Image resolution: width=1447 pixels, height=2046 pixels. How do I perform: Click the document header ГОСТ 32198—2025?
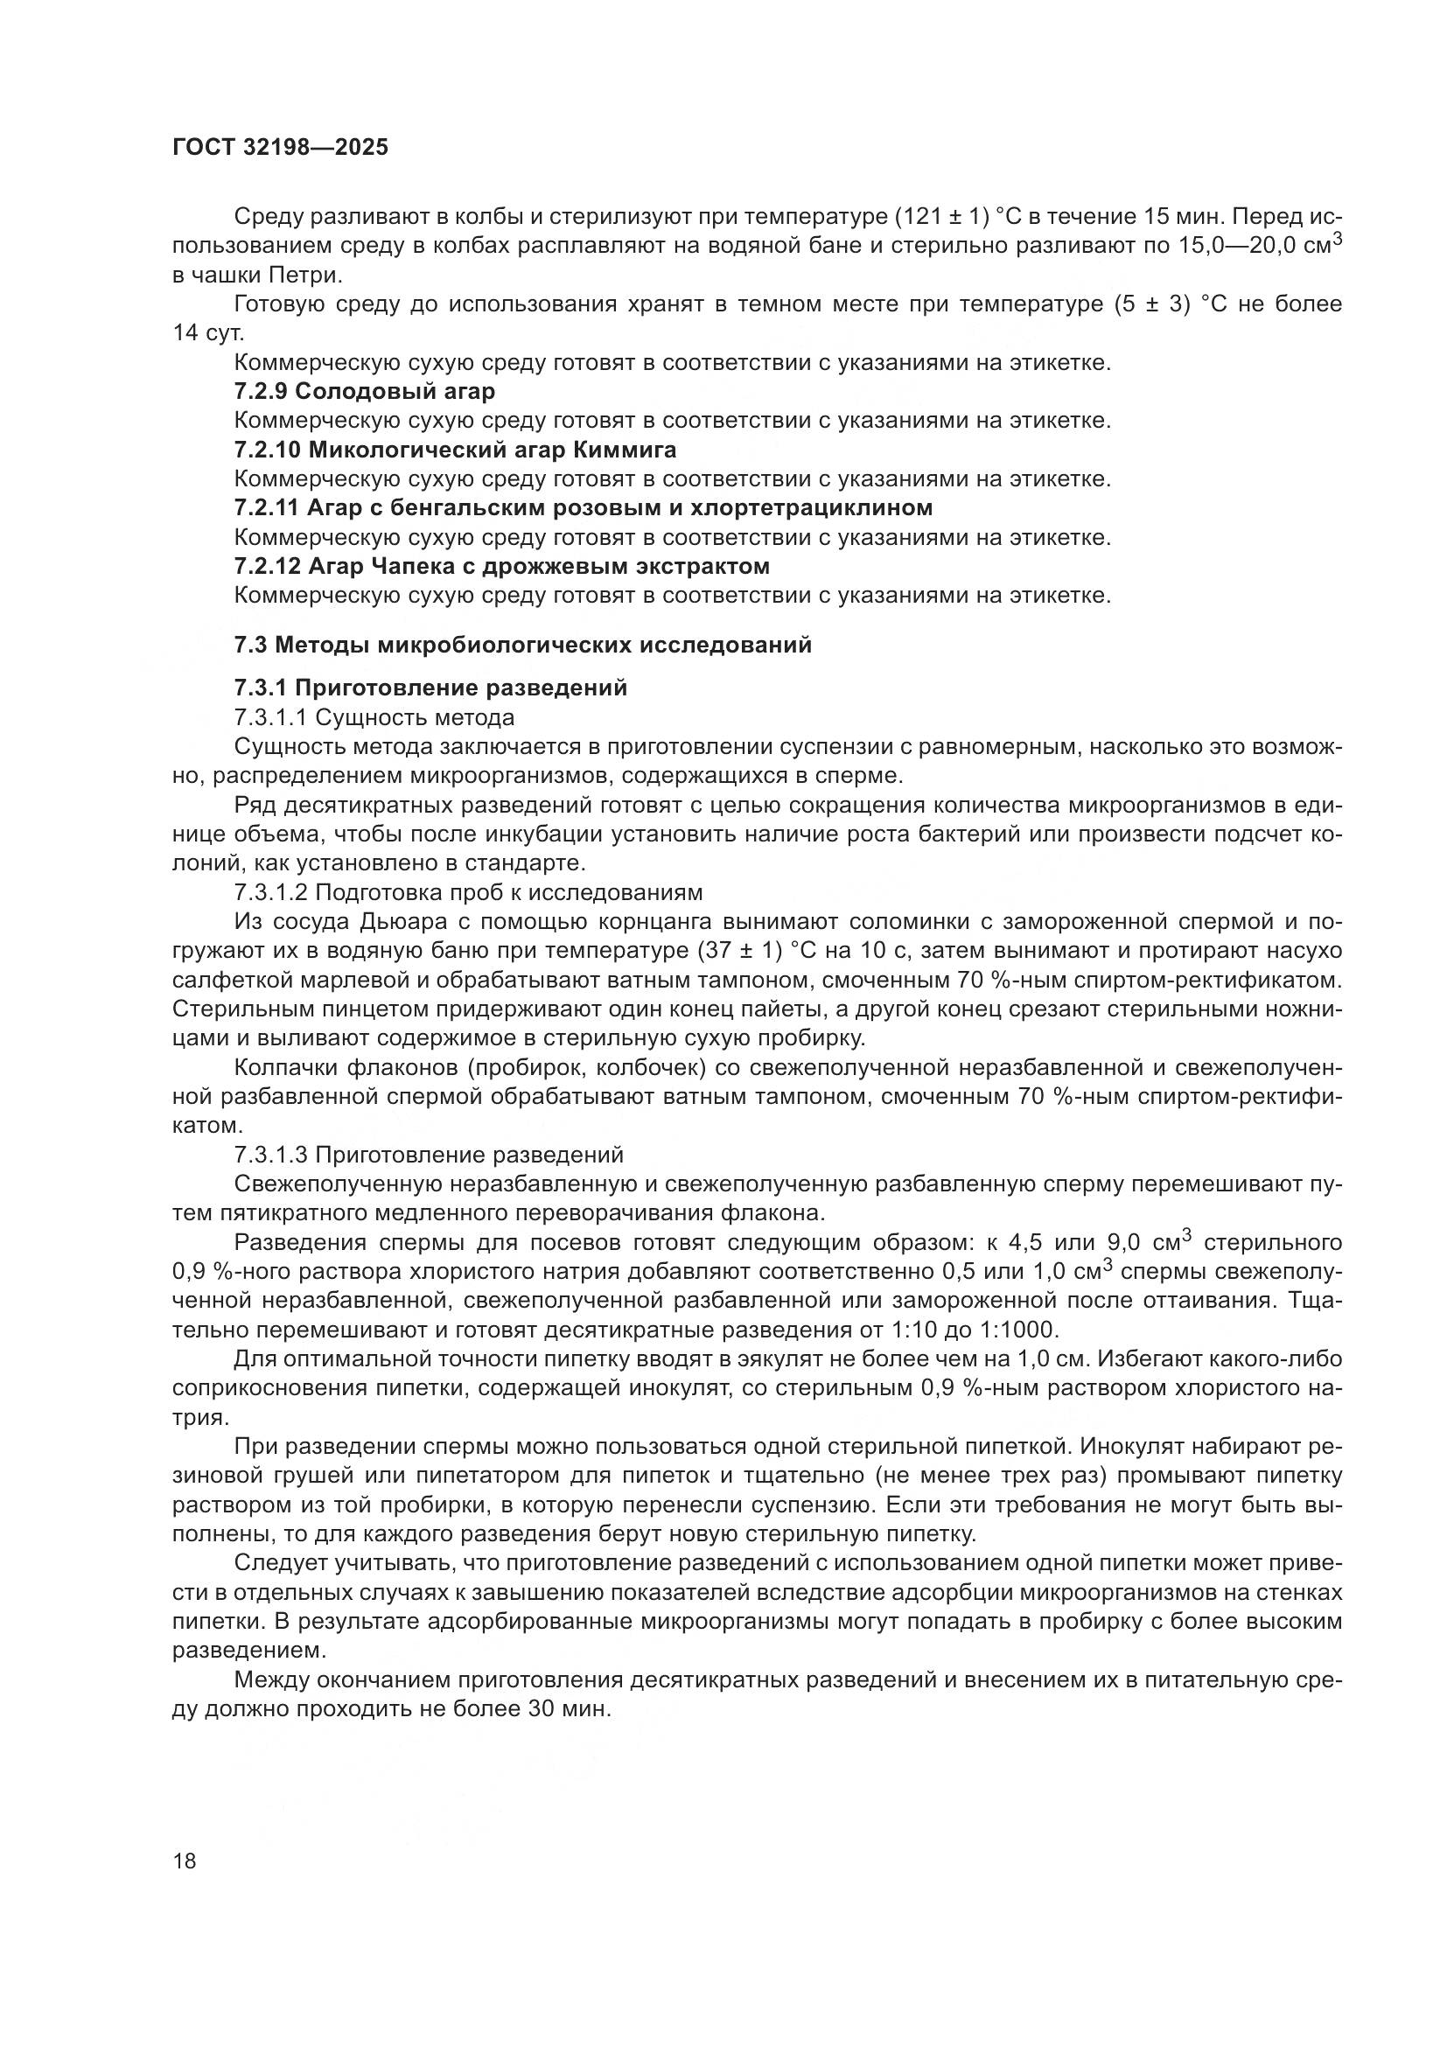[x=280, y=148]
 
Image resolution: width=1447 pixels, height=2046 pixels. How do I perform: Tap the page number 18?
[x=185, y=1861]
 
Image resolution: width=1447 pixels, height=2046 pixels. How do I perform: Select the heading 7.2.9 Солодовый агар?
[x=365, y=391]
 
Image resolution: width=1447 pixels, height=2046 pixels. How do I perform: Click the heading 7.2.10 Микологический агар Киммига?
[x=455, y=449]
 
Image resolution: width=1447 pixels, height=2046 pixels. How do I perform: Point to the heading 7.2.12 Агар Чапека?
[x=501, y=566]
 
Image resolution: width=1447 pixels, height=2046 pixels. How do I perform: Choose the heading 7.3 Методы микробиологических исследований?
[x=523, y=645]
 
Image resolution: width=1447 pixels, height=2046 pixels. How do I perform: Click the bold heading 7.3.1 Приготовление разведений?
[x=430, y=688]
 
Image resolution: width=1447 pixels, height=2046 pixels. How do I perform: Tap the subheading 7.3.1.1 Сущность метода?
[x=374, y=717]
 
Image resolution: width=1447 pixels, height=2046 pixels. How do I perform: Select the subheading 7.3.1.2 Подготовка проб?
[x=468, y=893]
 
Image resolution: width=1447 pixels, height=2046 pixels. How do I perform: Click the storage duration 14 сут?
[x=207, y=333]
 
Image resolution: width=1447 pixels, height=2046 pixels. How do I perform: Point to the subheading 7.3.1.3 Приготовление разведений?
[x=429, y=1155]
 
